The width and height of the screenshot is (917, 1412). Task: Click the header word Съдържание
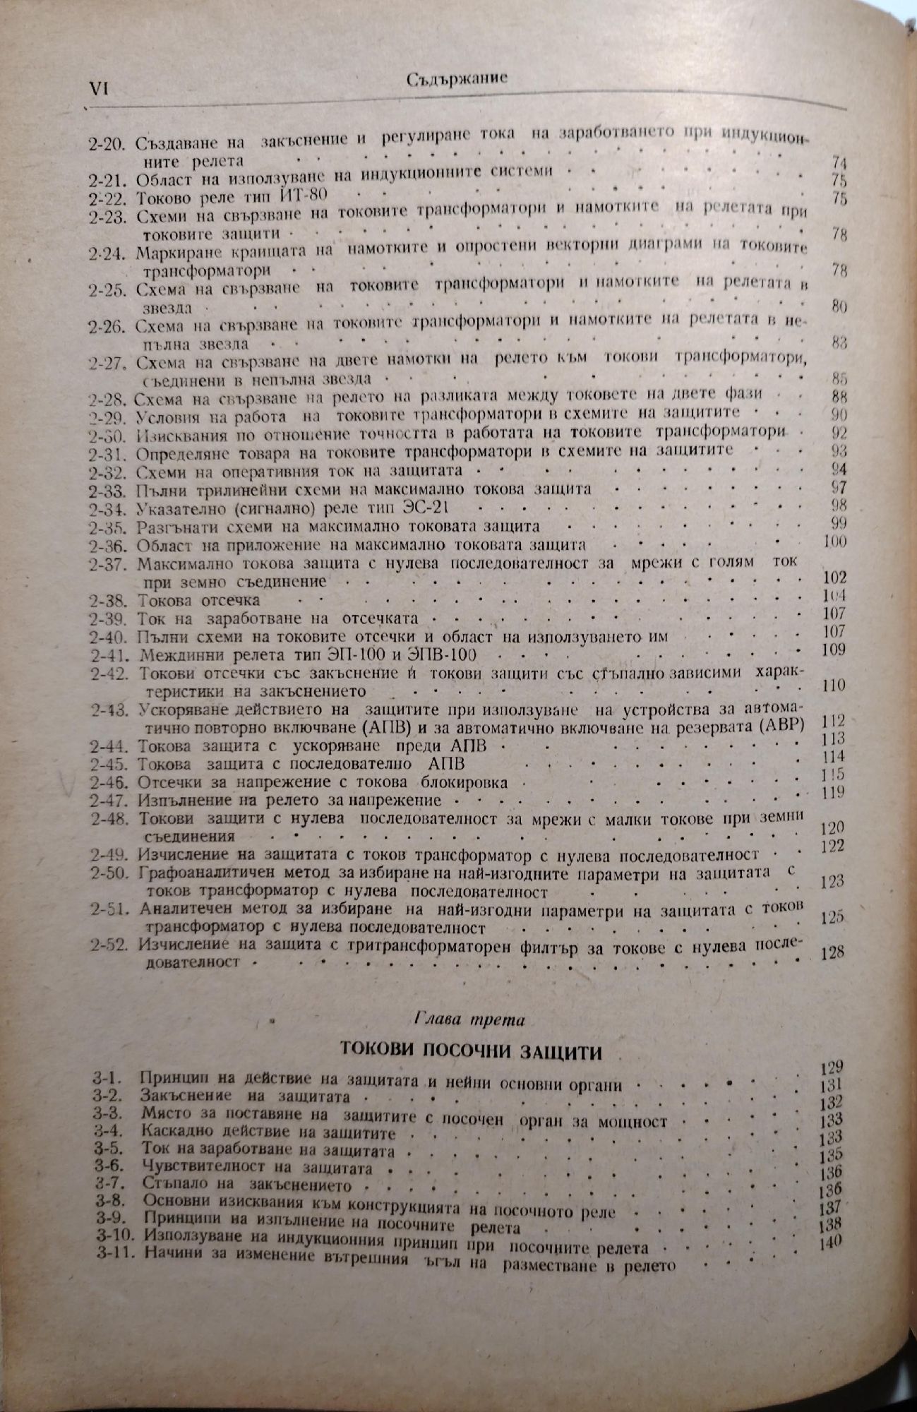click(x=457, y=79)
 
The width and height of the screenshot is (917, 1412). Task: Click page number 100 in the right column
click(x=834, y=542)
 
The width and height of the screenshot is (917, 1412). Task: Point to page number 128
click(x=833, y=951)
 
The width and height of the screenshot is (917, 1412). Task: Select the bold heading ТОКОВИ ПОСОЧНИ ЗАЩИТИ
click(x=472, y=1052)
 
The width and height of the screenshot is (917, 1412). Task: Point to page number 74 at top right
click(x=838, y=162)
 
